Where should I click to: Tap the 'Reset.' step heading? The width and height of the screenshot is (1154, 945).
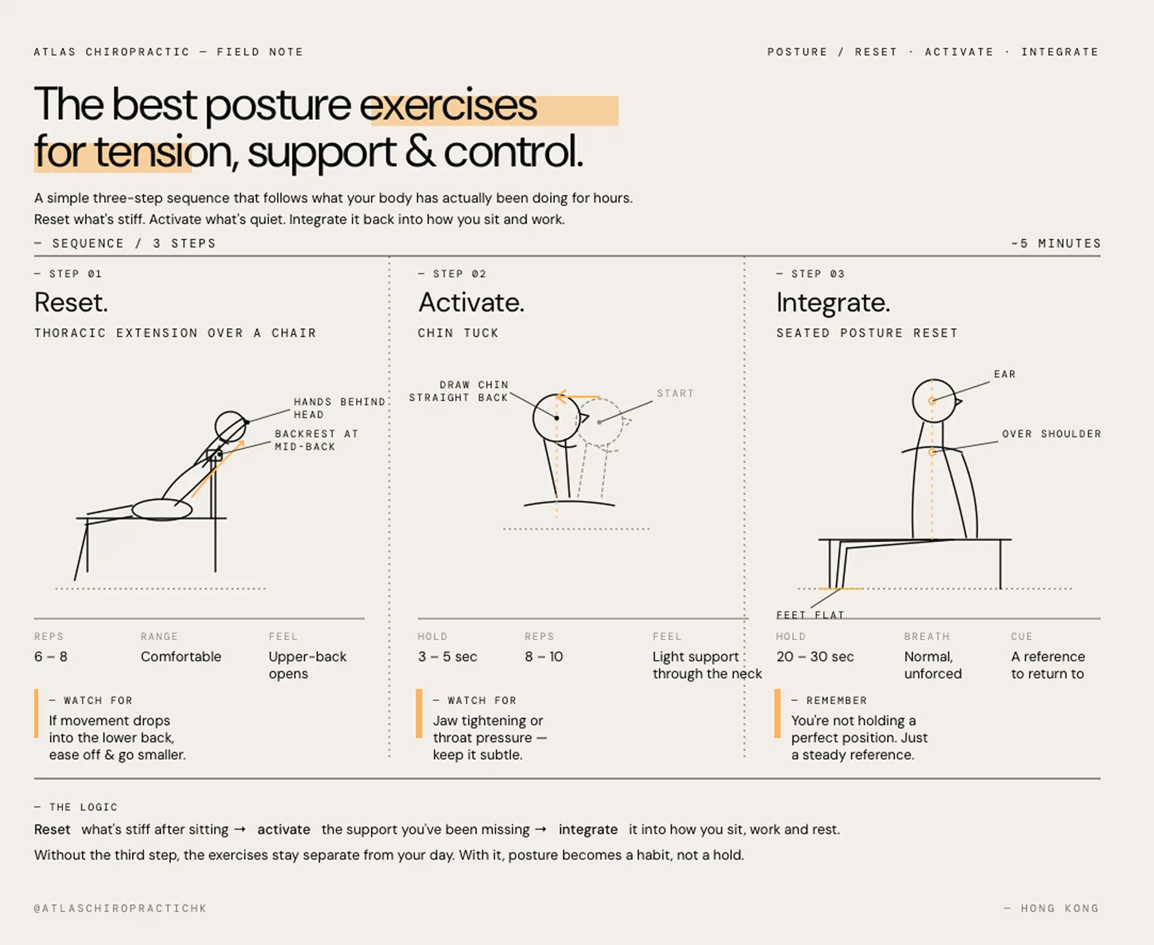(71, 302)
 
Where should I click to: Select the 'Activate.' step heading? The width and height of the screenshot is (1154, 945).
(471, 302)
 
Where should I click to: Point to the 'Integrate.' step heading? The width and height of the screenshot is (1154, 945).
(833, 302)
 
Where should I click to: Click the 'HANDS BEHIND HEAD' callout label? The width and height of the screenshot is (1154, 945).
(339, 408)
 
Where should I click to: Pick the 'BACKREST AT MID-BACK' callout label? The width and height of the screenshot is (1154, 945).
(316, 440)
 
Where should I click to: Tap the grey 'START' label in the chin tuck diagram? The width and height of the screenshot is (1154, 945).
(675, 393)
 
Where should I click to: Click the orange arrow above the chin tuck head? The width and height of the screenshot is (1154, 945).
(577, 397)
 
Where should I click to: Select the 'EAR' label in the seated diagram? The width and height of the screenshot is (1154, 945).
(1004, 374)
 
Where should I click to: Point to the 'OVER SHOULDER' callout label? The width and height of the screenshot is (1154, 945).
(1051, 434)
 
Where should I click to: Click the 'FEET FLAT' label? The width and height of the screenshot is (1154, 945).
(810, 614)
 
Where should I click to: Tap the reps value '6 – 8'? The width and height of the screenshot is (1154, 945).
(51, 656)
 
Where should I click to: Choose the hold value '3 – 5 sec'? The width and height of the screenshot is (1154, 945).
(447, 656)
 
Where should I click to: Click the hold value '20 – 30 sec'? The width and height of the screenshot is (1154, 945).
(814, 656)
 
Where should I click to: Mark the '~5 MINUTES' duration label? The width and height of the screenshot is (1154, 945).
(1055, 243)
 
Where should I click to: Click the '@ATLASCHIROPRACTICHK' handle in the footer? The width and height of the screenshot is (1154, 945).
(121, 908)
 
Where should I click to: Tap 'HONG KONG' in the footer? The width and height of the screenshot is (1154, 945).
(1059, 908)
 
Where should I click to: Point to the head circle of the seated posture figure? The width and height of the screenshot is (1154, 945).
(934, 401)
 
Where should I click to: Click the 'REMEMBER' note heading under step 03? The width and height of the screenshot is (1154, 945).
(836, 700)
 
